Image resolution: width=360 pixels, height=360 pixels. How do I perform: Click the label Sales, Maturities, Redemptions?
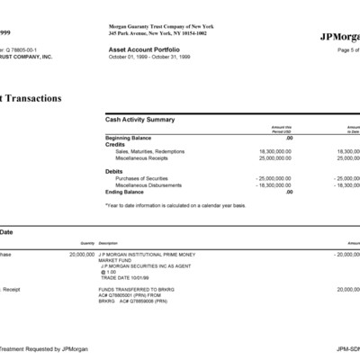pos(149,151)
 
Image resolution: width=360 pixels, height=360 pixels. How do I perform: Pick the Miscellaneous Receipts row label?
pos(141,157)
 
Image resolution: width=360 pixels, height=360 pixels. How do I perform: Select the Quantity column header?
pos(87,243)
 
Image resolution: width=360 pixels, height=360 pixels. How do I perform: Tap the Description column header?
pos(108,243)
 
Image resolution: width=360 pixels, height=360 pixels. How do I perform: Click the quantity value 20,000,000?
pos(82,256)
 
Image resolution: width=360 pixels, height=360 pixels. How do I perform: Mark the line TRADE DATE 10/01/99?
pos(124,276)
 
